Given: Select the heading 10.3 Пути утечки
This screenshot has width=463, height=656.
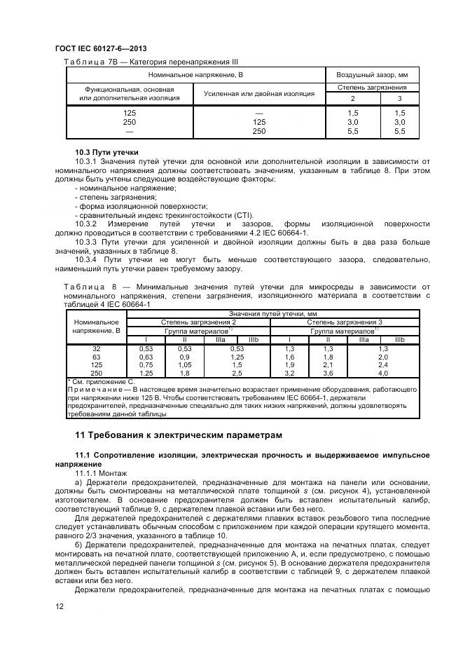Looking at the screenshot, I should (106, 152).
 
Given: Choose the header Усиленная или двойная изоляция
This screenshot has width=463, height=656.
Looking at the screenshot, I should (258, 93).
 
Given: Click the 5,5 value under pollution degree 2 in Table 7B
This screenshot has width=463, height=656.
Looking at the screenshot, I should (352, 132).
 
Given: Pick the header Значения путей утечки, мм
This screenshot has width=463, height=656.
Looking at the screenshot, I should (272, 314).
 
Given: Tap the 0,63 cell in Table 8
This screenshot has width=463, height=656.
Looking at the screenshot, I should (146, 356).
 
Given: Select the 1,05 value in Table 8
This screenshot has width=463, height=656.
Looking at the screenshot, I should (184, 364).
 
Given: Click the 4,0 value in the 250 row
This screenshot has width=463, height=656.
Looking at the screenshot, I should (382, 373).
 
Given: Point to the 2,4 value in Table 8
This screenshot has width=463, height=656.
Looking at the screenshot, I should (382, 364).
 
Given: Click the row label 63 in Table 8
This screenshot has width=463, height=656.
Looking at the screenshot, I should (97, 356).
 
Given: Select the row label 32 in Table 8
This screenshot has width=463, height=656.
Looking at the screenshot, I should (97, 348).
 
